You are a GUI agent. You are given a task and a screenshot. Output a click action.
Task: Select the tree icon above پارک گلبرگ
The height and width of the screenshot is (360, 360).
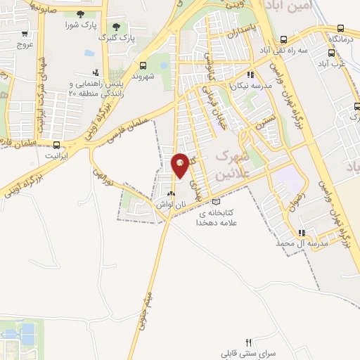tap(116, 25)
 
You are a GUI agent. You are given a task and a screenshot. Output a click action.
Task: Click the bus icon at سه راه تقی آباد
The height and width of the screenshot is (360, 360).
tap(283, 40)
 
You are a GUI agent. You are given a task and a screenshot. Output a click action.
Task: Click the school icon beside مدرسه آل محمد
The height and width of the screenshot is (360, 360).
tap(301, 233)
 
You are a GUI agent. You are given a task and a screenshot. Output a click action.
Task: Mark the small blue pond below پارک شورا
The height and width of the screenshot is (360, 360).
tap(89, 53)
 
